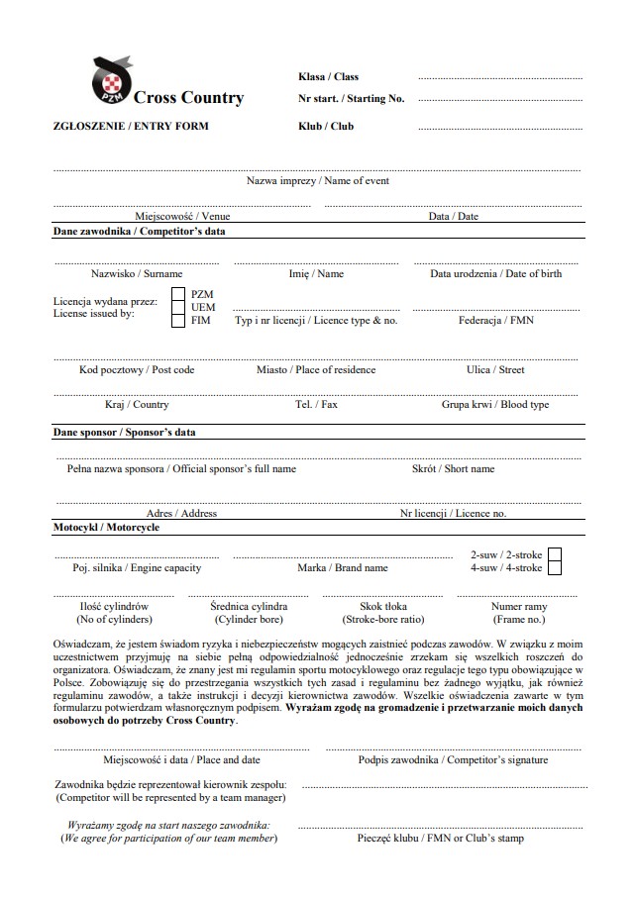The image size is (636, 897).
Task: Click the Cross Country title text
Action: coord(188,98)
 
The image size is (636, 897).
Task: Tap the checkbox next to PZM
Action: coord(178,294)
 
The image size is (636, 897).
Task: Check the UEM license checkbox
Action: coord(178,307)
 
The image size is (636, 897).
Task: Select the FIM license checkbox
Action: coord(178,321)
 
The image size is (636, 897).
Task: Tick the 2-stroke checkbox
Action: coord(555,554)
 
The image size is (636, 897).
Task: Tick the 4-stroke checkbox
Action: coord(555,568)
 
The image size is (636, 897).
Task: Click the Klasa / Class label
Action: coord(328,76)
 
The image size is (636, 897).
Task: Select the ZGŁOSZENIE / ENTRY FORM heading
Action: coord(131,127)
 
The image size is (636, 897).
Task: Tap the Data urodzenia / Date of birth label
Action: coord(495,273)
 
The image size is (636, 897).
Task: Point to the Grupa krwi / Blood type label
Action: coord(495,404)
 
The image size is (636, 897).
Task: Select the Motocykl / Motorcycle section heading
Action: coord(106,528)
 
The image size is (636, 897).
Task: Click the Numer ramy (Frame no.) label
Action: coord(518,612)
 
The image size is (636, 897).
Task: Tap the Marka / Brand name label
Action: coord(343,568)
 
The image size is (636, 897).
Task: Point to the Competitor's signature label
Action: coord(453,760)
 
